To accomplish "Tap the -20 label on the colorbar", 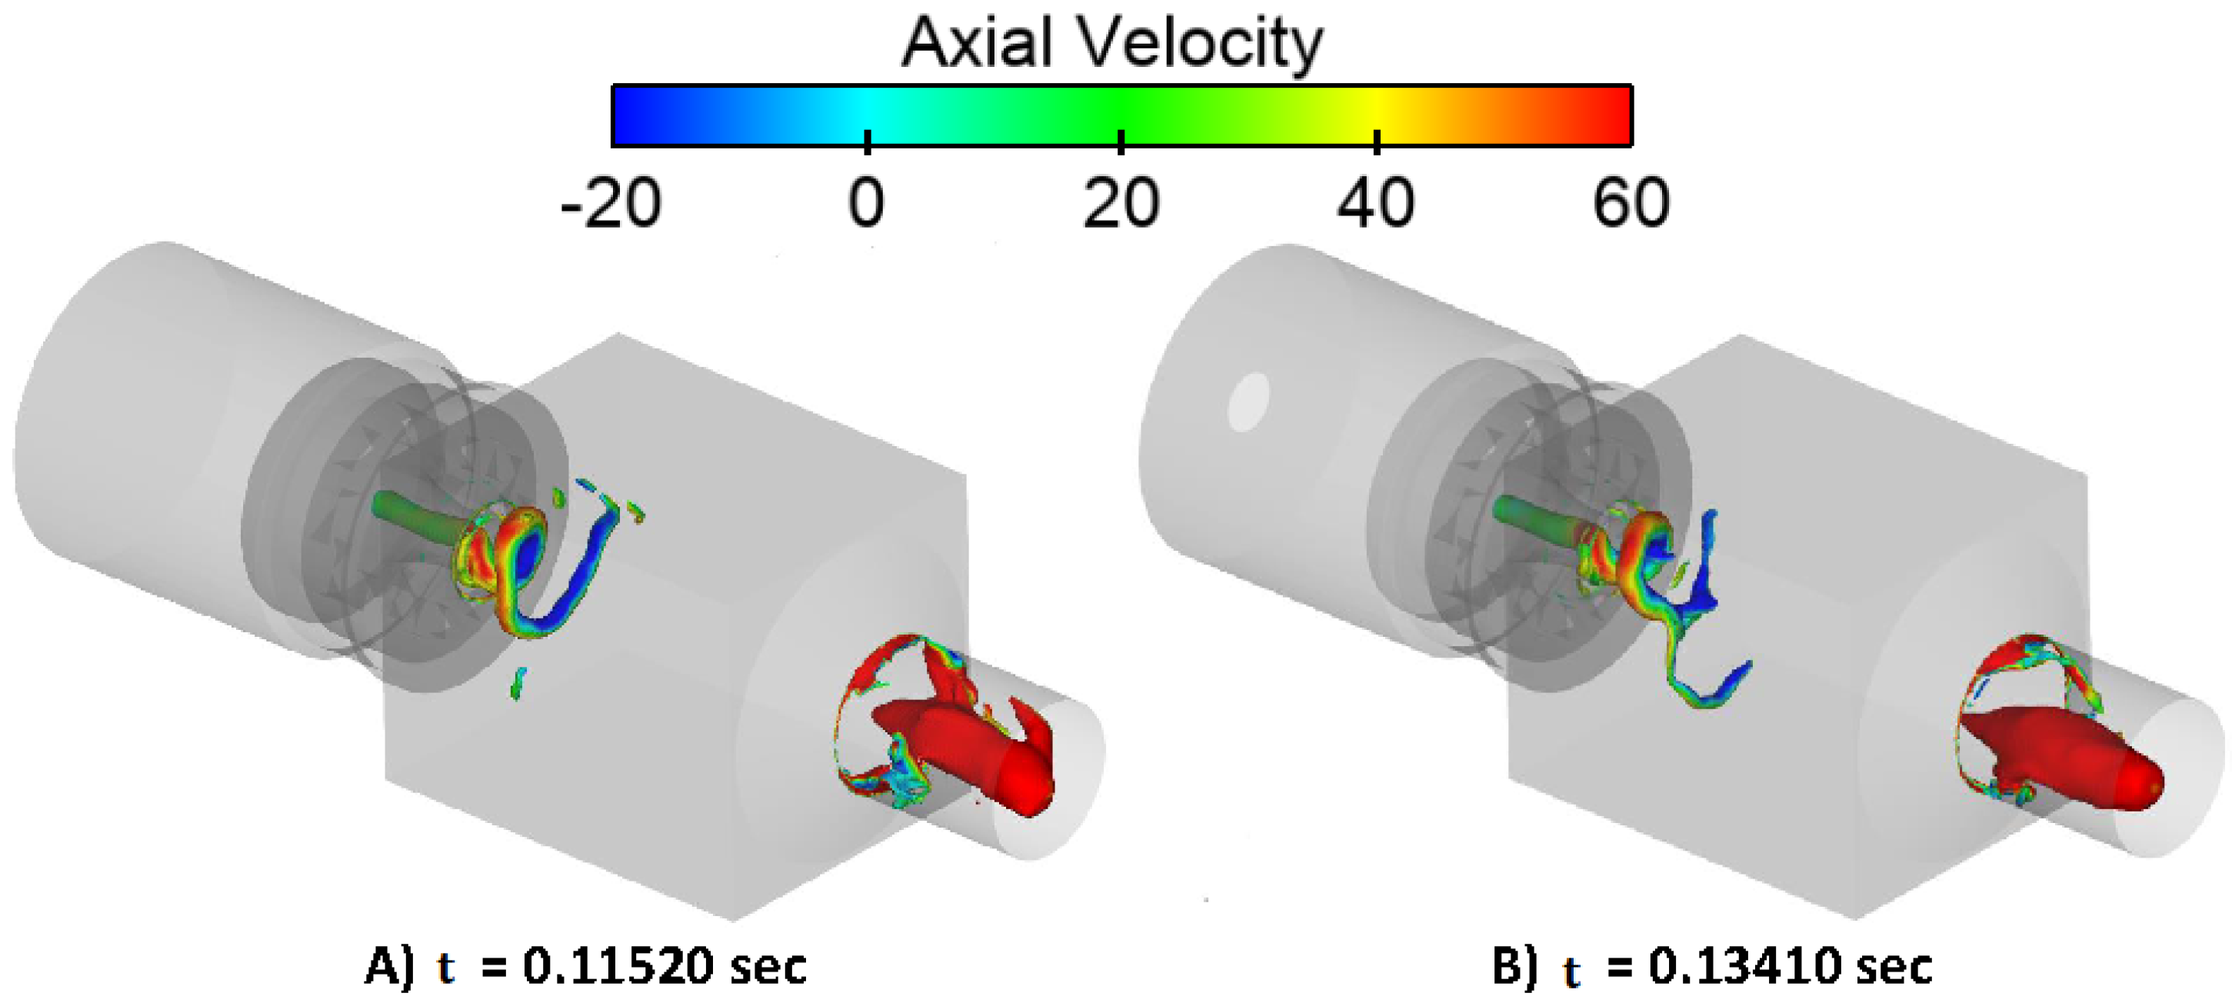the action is coord(611,203).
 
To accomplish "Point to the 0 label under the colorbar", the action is coord(867,203).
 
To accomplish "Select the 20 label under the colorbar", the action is coord(1121,203).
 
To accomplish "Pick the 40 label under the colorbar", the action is coord(1376,203).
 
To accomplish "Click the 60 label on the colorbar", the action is coord(1631,203).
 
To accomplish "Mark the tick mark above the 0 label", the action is coord(868,142).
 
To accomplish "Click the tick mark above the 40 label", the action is coord(1377,142).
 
